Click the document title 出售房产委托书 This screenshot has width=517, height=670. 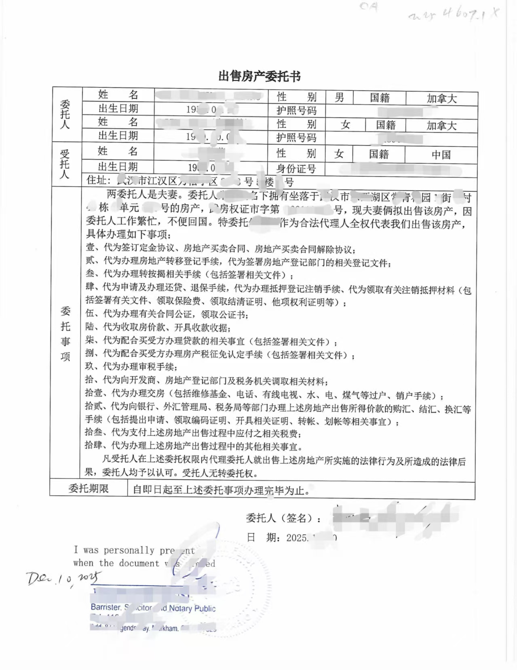pyautogui.click(x=259, y=76)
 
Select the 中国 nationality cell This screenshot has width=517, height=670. pyautogui.click(x=441, y=155)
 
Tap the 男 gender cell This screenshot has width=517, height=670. pyautogui.click(x=339, y=97)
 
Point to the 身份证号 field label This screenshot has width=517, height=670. pyautogui.click(x=296, y=168)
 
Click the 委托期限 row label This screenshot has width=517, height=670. pyautogui.click(x=89, y=489)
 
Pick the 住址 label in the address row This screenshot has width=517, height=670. pyautogui.click(x=98, y=180)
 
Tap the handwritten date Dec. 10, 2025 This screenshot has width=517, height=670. pyautogui.click(x=65, y=579)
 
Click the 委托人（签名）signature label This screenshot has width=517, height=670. pyautogui.click(x=284, y=518)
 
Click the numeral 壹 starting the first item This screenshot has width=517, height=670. pyautogui.click(x=90, y=248)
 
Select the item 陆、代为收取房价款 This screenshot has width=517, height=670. pyautogui.click(x=158, y=327)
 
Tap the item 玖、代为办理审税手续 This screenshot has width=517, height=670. pyautogui.click(x=131, y=367)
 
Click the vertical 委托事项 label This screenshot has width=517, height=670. pyautogui.click(x=65, y=334)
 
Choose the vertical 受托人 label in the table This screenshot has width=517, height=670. pyautogui.click(x=65, y=164)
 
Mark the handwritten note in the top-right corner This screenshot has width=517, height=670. pyautogui.click(x=453, y=15)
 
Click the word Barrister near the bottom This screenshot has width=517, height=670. pyautogui.click(x=106, y=607)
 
